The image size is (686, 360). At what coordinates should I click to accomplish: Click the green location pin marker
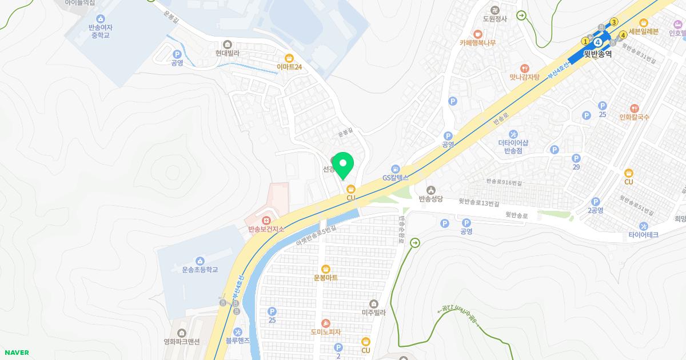pyautogui.click(x=343, y=165)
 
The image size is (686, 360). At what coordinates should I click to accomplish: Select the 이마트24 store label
pyautogui.click(x=289, y=67)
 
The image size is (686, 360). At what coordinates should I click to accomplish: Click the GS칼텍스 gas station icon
pyautogui.click(x=396, y=169)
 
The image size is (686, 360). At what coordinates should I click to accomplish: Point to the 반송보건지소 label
pyautogui.click(x=266, y=229)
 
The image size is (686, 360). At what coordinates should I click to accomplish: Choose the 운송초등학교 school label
pyautogui.click(x=200, y=269)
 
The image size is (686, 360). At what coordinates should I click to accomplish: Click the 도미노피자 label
pyautogui.click(x=325, y=331)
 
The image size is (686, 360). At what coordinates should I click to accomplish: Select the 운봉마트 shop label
pyautogui.click(x=325, y=278)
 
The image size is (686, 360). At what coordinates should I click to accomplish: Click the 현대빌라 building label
pyautogui.click(x=227, y=53)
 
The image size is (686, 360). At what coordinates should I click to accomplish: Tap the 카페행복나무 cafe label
pyautogui.click(x=477, y=43)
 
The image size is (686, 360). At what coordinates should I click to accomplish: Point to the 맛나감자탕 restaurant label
pyautogui.click(x=525, y=77)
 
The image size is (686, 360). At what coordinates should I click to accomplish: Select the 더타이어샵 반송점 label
pyautogui.click(x=513, y=147)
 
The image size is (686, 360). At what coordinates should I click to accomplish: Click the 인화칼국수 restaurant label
pyautogui.click(x=634, y=117)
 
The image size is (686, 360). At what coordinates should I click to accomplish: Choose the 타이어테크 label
pyautogui.click(x=643, y=235)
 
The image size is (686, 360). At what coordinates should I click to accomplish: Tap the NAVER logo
pyautogui.click(x=17, y=353)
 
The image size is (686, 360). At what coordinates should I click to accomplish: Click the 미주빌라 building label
pyautogui.click(x=374, y=313)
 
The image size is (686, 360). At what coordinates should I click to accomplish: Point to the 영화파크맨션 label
pyautogui.click(x=182, y=342)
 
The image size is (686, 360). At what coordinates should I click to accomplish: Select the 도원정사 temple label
pyautogui.click(x=495, y=18)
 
